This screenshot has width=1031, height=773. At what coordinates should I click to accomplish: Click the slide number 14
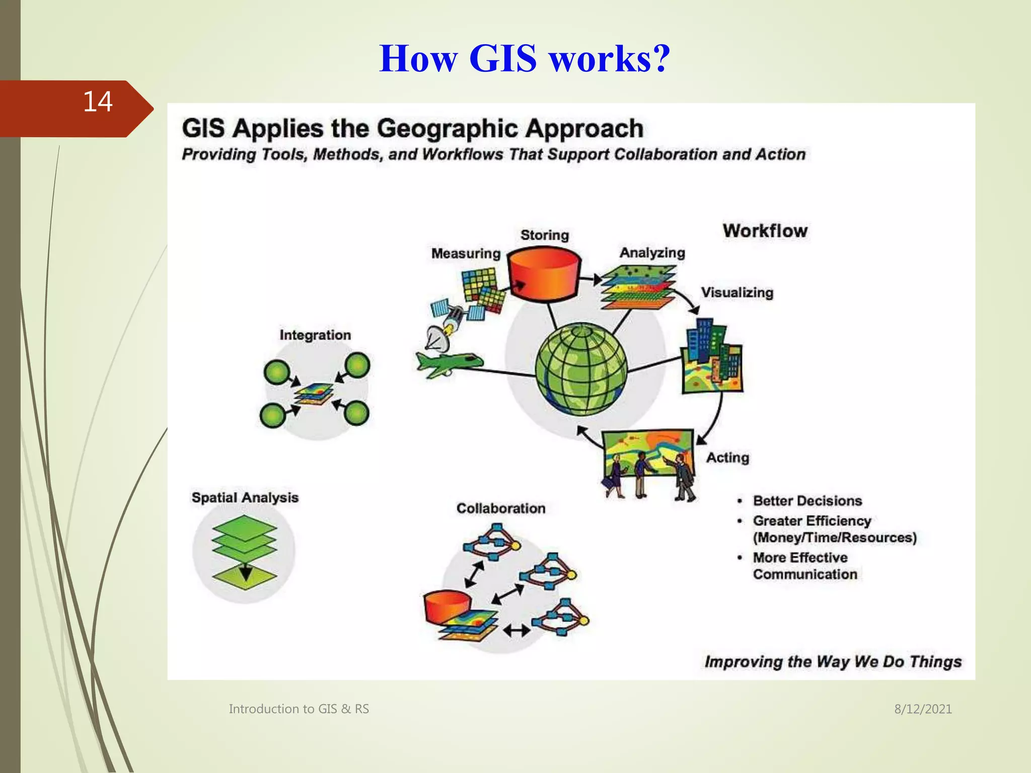click(98, 102)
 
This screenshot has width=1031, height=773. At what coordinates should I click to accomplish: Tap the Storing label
click(544, 235)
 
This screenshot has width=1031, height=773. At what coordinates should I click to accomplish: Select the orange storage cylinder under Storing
click(544, 274)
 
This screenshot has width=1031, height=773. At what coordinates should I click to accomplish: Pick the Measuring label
click(466, 253)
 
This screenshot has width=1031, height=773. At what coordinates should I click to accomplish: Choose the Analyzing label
click(652, 253)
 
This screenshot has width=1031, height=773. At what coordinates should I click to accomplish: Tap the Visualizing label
click(737, 292)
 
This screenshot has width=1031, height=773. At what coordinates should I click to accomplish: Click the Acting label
click(727, 457)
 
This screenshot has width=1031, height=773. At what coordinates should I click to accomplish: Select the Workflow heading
click(765, 231)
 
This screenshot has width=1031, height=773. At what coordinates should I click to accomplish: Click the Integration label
click(315, 335)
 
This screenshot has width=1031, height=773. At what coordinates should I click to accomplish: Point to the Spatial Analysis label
click(245, 498)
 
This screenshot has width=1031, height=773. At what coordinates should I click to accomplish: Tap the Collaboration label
click(501, 508)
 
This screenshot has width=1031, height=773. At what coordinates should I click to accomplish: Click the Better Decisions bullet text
click(807, 501)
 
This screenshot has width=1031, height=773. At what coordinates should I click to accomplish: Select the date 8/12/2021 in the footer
click(923, 709)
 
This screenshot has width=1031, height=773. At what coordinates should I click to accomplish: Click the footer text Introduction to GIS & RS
click(299, 709)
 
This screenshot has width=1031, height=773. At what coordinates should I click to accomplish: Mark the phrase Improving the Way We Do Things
click(833, 661)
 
